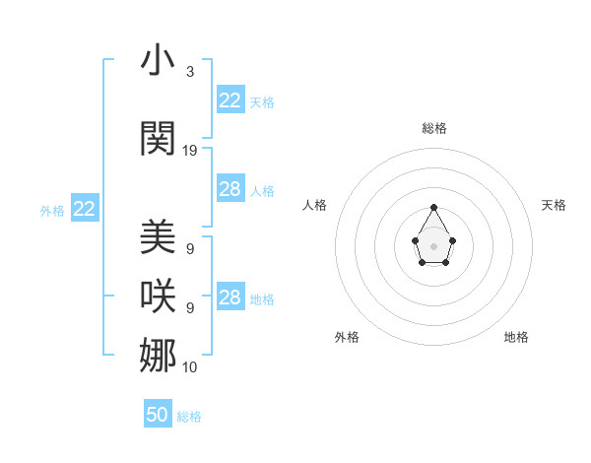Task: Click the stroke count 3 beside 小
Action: point(189,72)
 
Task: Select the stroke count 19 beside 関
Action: point(190,151)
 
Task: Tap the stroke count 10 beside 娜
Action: point(190,367)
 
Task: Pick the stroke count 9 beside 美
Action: point(189,249)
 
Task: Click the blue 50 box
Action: point(158,415)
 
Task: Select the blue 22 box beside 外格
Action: point(85,209)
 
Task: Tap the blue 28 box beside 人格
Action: point(230,189)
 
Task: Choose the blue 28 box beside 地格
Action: point(230,298)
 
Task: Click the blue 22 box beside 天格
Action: point(230,100)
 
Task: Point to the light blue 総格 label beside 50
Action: point(189,417)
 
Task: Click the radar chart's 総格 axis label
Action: point(434,128)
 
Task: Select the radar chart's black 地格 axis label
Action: point(516,337)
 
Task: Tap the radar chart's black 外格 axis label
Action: point(347,337)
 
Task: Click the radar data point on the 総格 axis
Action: point(434,207)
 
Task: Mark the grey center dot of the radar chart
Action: point(434,245)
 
